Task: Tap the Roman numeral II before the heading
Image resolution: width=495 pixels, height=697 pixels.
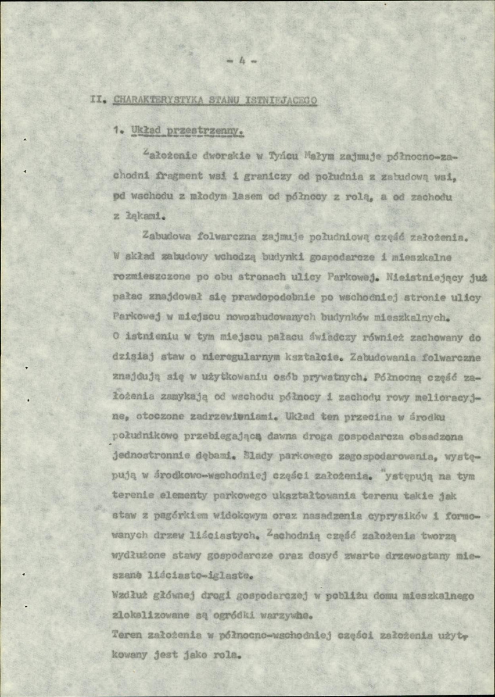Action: click(95, 99)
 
